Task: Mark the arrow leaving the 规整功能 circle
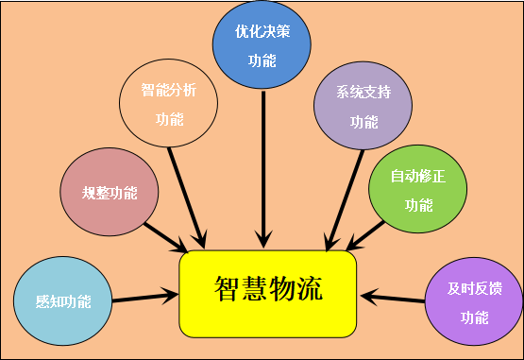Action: pyautogui.click(x=165, y=236)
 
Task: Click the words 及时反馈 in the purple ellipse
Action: pyautogui.click(x=474, y=288)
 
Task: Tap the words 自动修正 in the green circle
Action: pyautogui.click(x=417, y=176)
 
